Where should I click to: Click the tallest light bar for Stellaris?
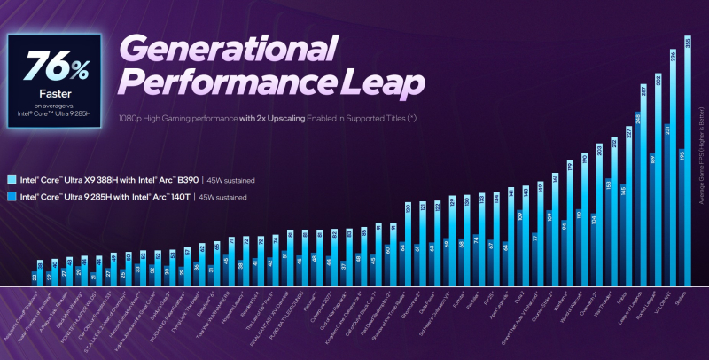688,160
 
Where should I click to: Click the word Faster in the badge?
55,90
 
